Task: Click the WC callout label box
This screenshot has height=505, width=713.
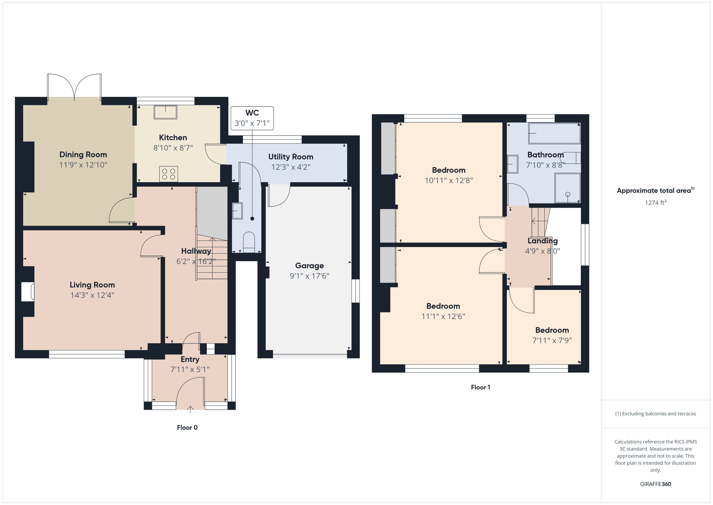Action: point(252,118)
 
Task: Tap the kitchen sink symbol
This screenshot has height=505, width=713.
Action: point(165,112)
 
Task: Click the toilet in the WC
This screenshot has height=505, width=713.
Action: point(249,242)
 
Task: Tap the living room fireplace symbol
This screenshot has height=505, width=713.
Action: point(28,292)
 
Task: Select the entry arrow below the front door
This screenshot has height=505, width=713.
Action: point(190,409)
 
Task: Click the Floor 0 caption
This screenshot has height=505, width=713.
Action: point(187,428)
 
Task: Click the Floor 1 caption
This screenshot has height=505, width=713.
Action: point(480,387)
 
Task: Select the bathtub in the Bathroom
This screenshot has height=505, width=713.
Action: point(554,133)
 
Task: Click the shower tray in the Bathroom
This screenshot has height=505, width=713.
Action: point(567,188)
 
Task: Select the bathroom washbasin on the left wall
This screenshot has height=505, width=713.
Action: point(512,164)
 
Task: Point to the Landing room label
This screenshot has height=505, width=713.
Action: point(542,241)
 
